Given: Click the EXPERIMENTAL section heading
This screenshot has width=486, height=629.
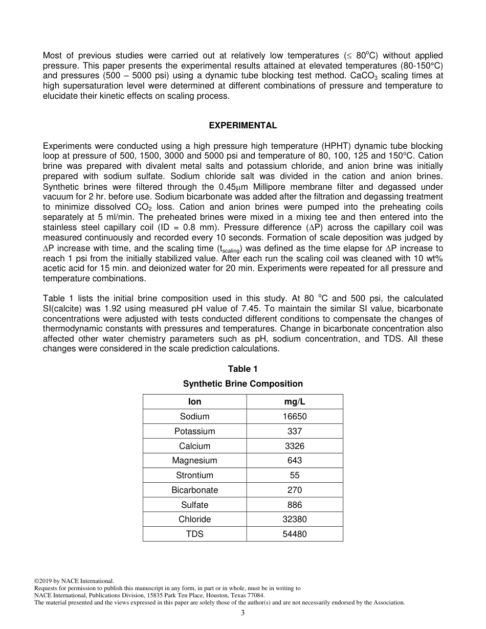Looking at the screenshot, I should pyautogui.click(x=243, y=125).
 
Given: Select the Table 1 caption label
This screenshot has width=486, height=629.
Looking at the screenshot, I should pyautogui.click(x=243, y=369).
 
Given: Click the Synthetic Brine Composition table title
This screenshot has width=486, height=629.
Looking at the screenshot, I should pyautogui.click(x=243, y=384).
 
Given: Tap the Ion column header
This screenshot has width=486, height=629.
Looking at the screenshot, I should pyautogui.click(x=194, y=401).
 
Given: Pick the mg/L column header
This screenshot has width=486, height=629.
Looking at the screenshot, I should pyautogui.click(x=295, y=401).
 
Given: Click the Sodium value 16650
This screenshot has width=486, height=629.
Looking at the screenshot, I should pyautogui.click(x=295, y=416).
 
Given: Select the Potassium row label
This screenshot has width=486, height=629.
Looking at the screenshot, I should pyautogui.click(x=194, y=431).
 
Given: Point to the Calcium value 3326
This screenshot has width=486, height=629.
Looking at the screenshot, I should pyautogui.click(x=295, y=446).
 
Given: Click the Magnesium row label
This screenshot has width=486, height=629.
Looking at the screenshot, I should pyautogui.click(x=194, y=460).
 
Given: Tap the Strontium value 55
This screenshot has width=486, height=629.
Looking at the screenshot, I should pyautogui.click(x=295, y=475).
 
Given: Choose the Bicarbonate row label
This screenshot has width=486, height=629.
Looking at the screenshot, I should pyautogui.click(x=194, y=490).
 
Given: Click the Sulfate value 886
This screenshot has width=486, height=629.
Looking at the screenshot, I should pyautogui.click(x=295, y=505).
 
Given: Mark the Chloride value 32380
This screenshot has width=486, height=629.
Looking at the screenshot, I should pyautogui.click(x=295, y=519).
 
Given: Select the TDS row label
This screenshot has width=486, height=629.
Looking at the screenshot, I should pyautogui.click(x=194, y=534).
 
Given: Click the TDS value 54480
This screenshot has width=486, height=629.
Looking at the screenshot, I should pyautogui.click(x=295, y=534).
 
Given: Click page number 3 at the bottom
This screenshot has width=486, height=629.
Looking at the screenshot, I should pyautogui.click(x=243, y=613).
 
